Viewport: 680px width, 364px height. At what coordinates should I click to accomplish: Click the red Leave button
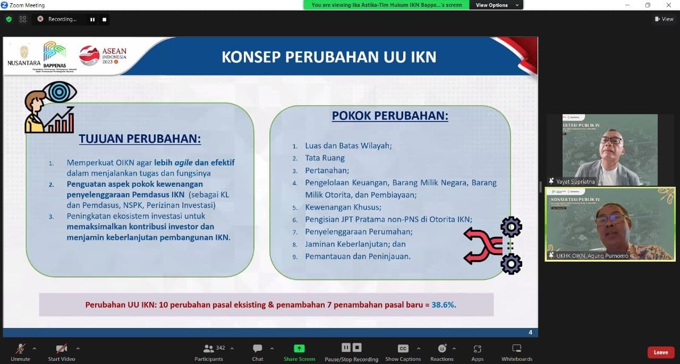[x=660, y=352]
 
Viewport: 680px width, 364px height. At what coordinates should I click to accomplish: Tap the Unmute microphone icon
[x=21, y=349]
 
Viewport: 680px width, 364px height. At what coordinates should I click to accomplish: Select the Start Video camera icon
[x=62, y=349]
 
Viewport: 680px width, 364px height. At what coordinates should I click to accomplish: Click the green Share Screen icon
[x=299, y=349]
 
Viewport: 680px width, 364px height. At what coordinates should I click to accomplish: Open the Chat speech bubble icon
[x=258, y=349]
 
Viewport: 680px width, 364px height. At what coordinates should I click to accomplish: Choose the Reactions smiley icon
[x=442, y=349]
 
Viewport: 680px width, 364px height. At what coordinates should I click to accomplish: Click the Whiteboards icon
[x=516, y=349]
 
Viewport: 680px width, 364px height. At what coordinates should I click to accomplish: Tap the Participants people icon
[x=209, y=349]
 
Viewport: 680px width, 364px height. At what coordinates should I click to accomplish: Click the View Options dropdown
[x=492, y=5]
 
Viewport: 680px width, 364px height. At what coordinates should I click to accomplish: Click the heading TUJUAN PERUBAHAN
[x=140, y=139]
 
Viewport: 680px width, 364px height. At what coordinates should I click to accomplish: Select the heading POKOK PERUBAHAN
[x=390, y=116]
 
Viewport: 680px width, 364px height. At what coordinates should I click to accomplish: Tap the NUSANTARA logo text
[x=24, y=63]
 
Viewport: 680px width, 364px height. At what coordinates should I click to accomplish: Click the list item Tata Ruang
[x=325, y=158]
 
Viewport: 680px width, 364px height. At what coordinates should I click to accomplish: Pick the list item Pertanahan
[x=327, y=170]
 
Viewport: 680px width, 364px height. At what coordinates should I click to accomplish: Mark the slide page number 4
[x=530, y=333]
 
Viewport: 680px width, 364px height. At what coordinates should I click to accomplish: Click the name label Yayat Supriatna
[x=575, y=181]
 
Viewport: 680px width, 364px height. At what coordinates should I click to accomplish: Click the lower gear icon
[x=511, y=264]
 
